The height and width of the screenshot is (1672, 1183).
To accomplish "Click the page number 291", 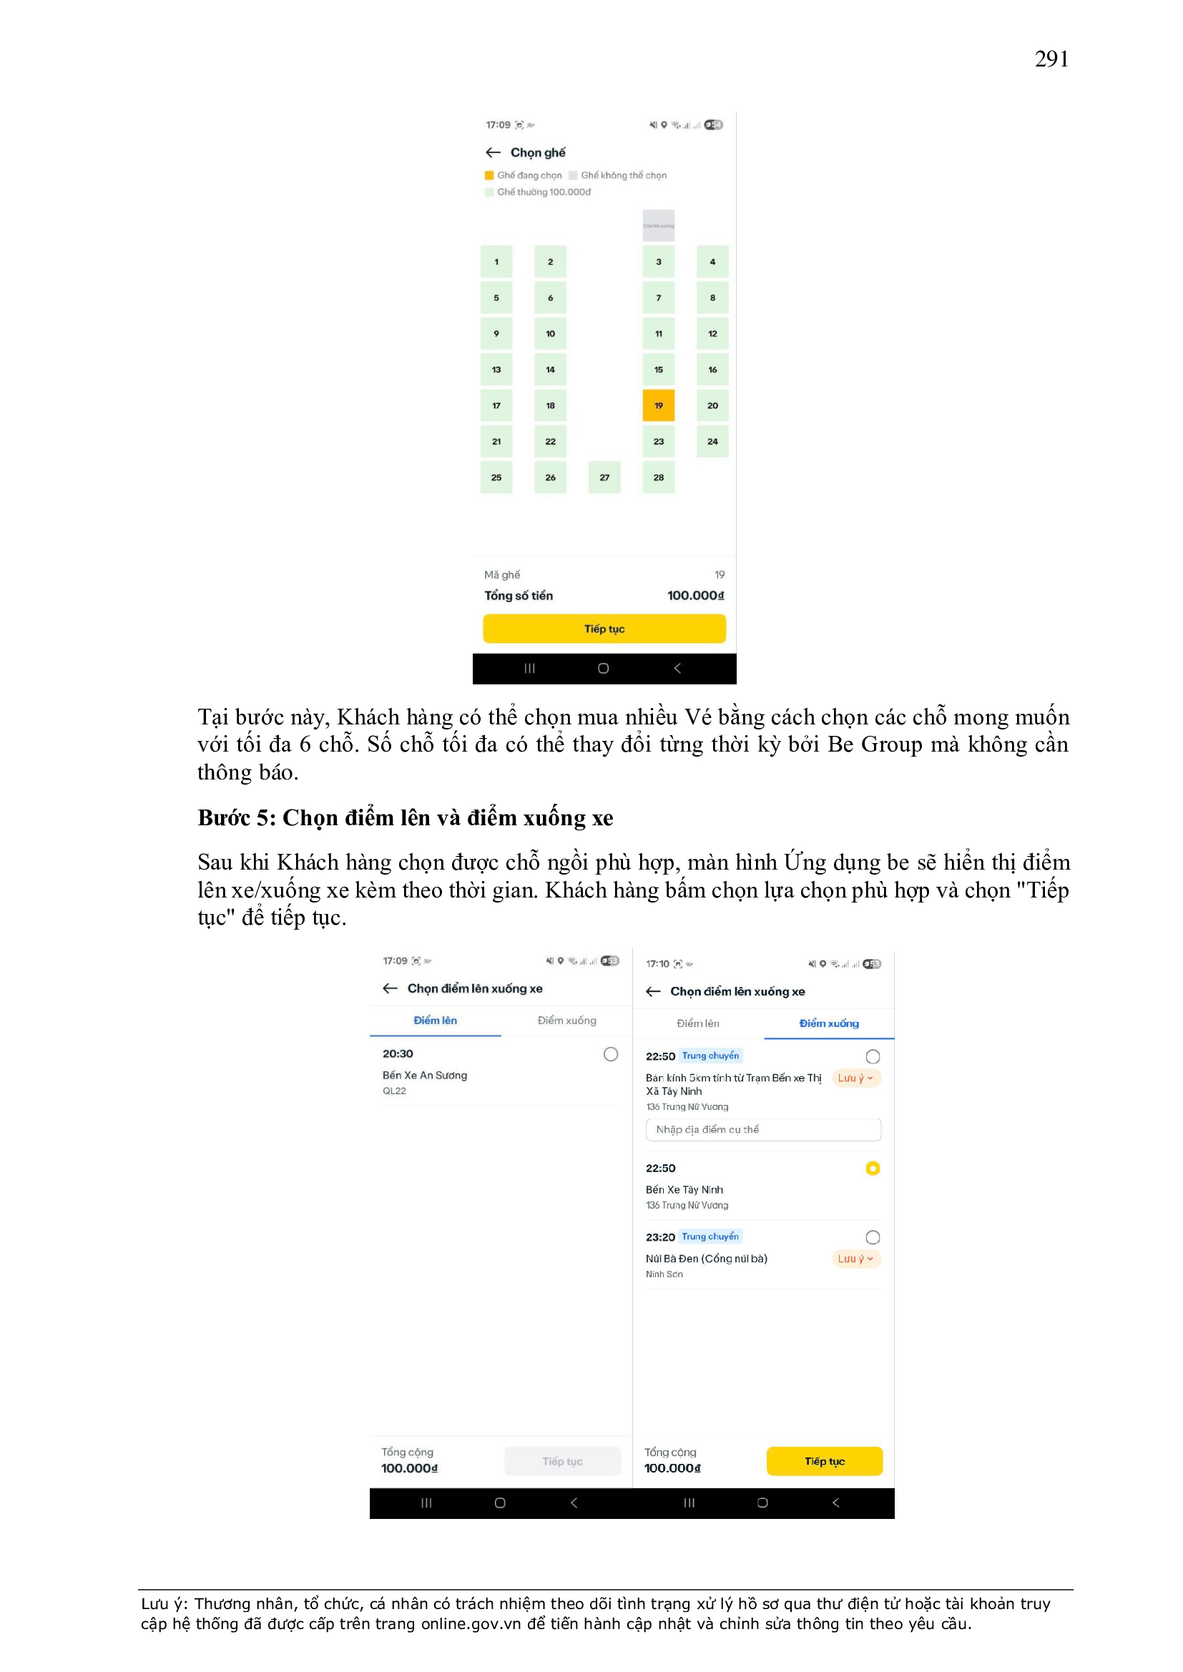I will [x=1051, y=59].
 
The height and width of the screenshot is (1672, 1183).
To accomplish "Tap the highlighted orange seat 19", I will [x=658, y=405].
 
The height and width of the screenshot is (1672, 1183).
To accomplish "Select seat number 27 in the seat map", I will [x=604, y=478].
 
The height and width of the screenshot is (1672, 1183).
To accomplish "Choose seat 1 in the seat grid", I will [x=496, y=262].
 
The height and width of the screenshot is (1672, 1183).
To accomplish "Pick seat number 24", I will [x=712, y=441].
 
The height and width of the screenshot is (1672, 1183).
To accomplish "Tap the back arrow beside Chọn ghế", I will [x=494, y=153].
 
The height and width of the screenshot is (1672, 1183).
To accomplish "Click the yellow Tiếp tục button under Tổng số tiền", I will [x=604, y=629].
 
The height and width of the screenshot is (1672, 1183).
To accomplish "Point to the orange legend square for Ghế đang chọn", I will [x=489, y=175].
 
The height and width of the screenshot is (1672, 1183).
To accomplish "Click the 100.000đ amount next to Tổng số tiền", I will [x=695, y=596].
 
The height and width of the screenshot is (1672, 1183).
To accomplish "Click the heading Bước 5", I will [x=405, y=818].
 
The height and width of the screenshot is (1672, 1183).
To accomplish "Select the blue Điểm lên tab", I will [x=435, y=1021].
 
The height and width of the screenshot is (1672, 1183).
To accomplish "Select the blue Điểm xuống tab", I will [x=828, y=1023].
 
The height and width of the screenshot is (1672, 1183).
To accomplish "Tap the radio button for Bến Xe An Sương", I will [x=610, y=1053].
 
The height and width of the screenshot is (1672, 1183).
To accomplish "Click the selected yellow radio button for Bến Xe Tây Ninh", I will [x=872, y=1168].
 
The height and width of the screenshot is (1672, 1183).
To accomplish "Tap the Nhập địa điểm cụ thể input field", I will [x=762, y=1129].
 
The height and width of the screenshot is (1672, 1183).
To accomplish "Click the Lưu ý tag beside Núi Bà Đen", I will [x=855, y=1259].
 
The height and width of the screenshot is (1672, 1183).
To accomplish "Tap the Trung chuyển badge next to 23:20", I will [x=710, y=1236].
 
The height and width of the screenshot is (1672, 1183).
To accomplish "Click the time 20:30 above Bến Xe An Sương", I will [x=398, y=1053].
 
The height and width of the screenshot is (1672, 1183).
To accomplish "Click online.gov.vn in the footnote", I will [x=471, y=1624].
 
